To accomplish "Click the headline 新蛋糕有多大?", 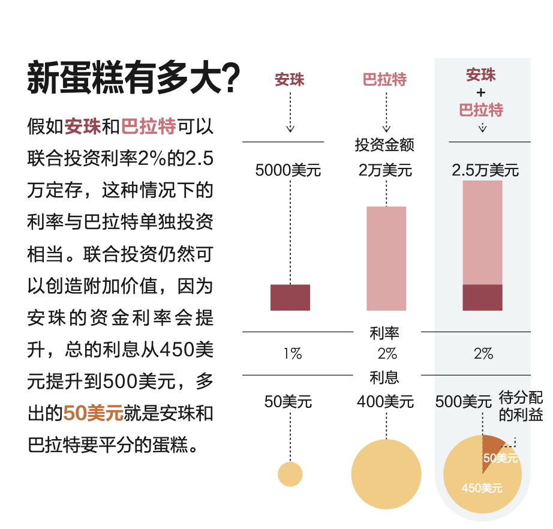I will pos(133,78).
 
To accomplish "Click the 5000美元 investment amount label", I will pos(288,170).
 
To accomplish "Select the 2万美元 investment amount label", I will pos(386,170).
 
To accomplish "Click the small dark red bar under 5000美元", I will pos(290,297).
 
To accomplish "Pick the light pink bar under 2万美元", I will pos(386,258).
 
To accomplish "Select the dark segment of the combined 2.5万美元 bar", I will pos(482,297).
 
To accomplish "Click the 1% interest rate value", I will pos(292,354).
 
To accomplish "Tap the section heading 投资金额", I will pos(384,145).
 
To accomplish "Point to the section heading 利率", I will pos(384,332).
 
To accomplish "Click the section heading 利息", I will pos(384,377).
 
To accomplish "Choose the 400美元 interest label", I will pos(385,401).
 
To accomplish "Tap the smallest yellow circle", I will pos(290,474).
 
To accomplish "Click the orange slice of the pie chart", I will pos(493,445).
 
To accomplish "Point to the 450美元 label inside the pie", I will pos(482,488).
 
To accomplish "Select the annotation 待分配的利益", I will pos(521,406).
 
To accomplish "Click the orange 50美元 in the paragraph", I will pos(93,413).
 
